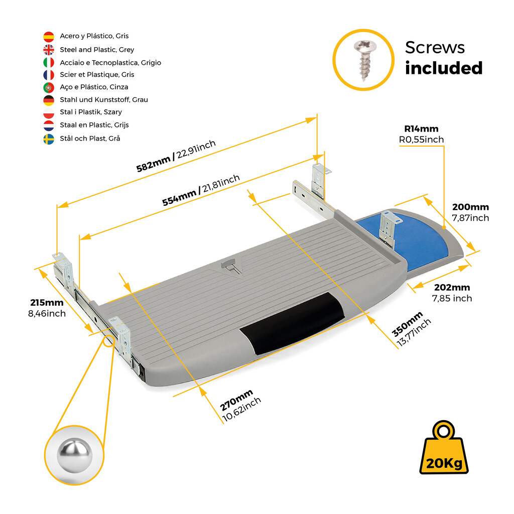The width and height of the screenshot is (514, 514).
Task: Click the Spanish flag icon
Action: (49, 37)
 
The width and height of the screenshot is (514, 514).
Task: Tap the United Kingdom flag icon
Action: (49, 50)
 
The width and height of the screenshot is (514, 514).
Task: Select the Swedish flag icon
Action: (49, 139)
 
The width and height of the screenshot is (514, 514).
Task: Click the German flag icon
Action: (49, 100)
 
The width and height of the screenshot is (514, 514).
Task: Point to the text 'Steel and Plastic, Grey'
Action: (97, 50)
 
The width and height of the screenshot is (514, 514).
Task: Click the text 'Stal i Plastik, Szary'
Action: (91, 112)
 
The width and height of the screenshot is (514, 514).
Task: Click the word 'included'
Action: (444, 68)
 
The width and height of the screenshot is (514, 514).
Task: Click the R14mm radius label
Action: (421, 129)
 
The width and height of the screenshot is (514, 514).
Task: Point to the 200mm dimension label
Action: (470, 207)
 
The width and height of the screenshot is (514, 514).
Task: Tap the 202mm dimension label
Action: (451, 288)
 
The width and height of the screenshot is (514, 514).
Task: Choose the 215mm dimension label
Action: (47, 303)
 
